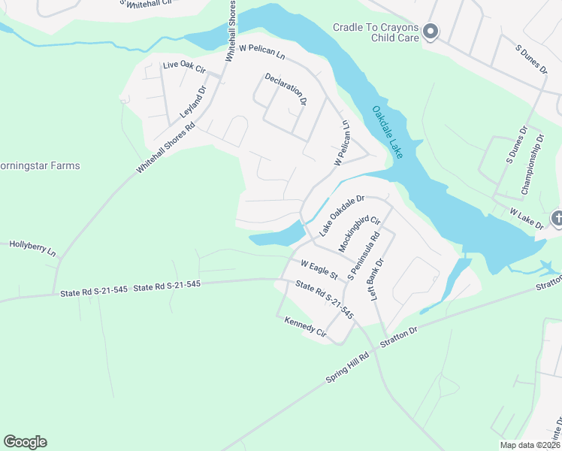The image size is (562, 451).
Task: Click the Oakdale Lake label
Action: click(x=388, y=132)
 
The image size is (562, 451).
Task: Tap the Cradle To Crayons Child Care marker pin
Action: click(x=431, y=32)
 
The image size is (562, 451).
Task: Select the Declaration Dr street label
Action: click(x=286, y=89)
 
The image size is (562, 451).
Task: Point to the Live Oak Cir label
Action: click(x=184, y=68)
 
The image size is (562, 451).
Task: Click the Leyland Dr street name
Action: click(x=193, y=102)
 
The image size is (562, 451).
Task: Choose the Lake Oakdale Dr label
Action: click(x=342, y=216)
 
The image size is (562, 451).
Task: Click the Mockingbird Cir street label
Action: click(x=359, y=235)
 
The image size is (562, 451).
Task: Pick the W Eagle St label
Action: click(x=319, y=268)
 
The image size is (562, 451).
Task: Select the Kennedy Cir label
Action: click(x=305, y=325)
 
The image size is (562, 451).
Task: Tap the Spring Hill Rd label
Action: click(x=347, y=368)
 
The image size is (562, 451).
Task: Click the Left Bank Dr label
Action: click(x=376, y=280)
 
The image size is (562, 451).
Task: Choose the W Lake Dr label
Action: click(x=526, y=218)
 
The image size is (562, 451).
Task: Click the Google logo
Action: click(x=25, y=442)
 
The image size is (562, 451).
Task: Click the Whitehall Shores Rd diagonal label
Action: click(x=165, y=148)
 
